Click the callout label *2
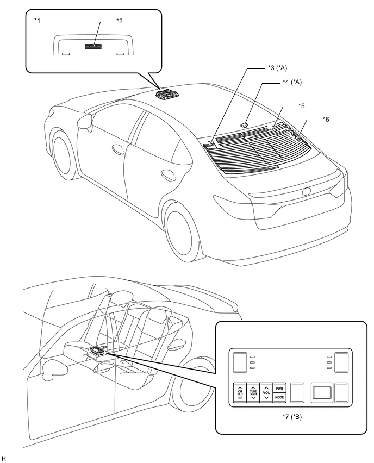(120, 21)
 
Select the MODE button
(279, 397)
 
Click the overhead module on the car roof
(166, 95)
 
